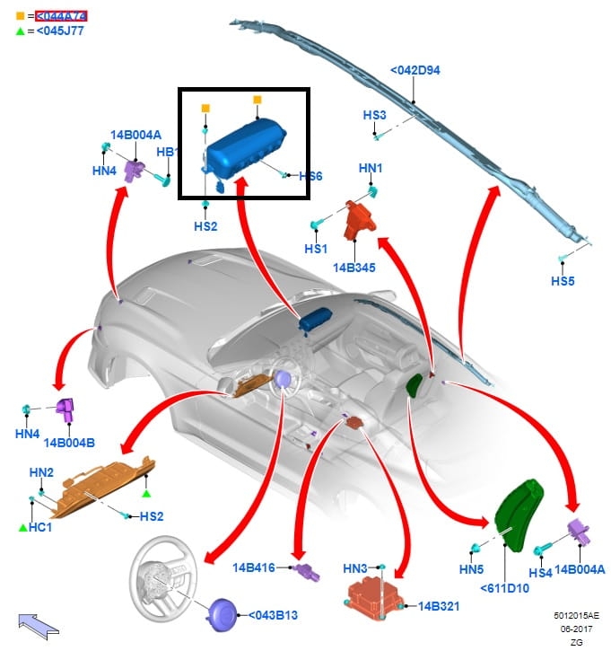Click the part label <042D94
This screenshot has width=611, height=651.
(415, 70)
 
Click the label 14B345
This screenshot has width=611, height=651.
(355, 267)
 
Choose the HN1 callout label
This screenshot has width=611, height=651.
(371, 168)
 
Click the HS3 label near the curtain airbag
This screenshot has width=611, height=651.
(374, 115)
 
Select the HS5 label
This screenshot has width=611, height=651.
(563, 281)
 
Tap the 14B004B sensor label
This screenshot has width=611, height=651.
(69, 442)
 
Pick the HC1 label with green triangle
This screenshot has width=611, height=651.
(40, 527)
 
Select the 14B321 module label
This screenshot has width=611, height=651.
(439, 607)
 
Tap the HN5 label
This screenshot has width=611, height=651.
(471, 569)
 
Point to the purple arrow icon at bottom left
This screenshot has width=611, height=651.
(37, 622)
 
